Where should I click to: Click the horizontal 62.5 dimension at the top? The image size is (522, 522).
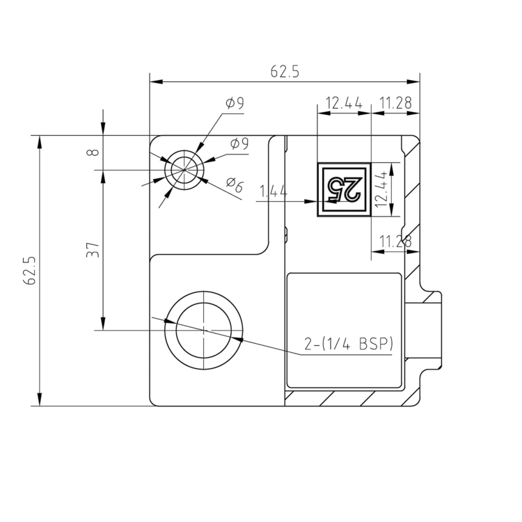pyautogui.click(x=285, y=72)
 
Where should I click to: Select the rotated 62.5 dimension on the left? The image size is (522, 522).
pyautogui.click(x=29, y=270)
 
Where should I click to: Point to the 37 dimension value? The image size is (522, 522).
pyautogui.click(x=93, y=250)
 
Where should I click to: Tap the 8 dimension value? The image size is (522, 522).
pyautogui.click(x=95, y=151)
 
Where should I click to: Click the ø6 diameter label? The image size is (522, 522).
pyautogui.click(x=235, y=185)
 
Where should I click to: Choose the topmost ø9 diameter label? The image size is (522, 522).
pyautogui.click(x=235, y=104)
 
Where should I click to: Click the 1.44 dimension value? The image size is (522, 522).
pyautogui.click(x=274, y=191)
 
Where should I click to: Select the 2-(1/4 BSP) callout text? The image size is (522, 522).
pyautogui.click(x=349, y=343)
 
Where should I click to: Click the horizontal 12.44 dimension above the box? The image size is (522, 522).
pyautogui.click(x=343, y=104)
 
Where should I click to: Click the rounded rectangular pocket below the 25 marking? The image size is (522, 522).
pyautogui.click(x=344, y=330)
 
